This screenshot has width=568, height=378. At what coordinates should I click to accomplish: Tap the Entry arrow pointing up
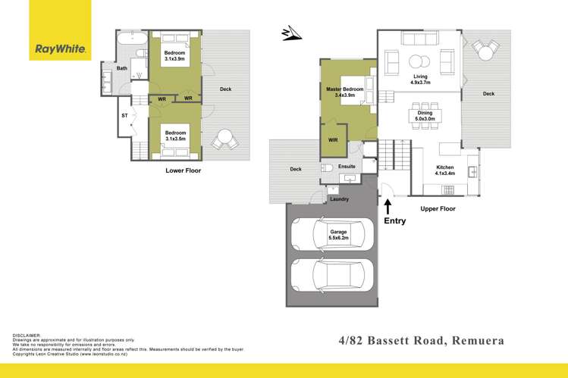(388, 205)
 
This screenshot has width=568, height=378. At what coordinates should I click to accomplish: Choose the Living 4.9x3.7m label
(420, 80)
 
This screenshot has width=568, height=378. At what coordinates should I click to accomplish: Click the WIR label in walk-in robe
(333, 140)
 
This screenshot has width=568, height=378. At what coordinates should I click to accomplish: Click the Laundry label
(339, 199)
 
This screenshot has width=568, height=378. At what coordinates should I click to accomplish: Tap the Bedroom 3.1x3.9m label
(174, 55)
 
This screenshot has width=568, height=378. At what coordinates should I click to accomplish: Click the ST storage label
(124, 115)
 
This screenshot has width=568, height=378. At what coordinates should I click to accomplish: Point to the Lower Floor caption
(184, 171)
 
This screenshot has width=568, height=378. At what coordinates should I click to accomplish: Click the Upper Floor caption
(438, 208)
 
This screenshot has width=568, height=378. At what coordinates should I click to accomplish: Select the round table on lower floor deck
(223, 139)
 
